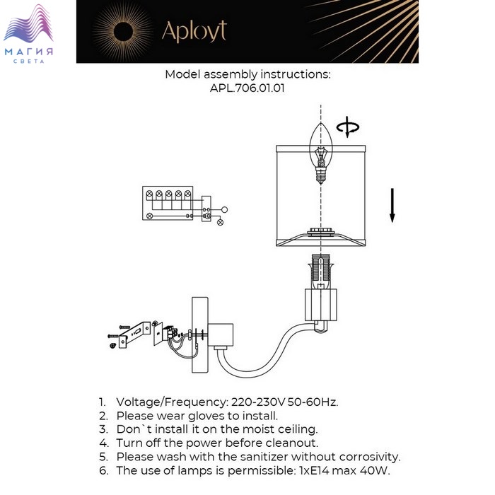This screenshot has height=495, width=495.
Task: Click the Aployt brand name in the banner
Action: click(x=194, y=32)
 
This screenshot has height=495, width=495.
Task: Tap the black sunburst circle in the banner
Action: click(x=123, y=32)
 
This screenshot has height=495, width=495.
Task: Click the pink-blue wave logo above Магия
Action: click(x=28, y=23)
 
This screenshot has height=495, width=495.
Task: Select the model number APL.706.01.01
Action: click(x=248, y=88)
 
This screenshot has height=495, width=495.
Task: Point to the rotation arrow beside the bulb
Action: click(x=347, y=127)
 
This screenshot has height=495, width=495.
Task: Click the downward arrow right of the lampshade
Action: click(x=392, y=205)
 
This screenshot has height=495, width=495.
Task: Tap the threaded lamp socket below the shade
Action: click(x=321, y=272)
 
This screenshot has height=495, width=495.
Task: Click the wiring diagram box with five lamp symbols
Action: click(x=168, y=203)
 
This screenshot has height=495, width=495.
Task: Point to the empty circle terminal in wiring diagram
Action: click(x=224, y=209)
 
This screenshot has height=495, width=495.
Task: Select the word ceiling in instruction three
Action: click(x=298, y=429)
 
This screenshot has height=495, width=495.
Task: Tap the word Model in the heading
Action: click(x=182, y=74)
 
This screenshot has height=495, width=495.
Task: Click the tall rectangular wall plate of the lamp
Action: click(x=200, y=334)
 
